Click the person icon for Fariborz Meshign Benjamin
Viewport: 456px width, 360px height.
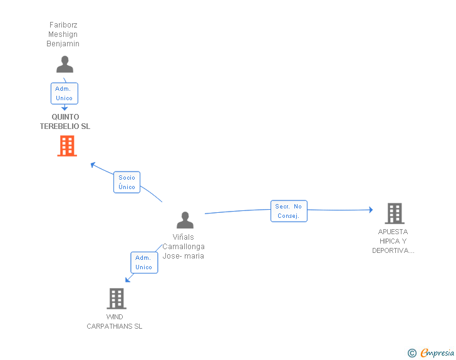65,64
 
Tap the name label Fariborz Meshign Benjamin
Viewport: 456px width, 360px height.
63,34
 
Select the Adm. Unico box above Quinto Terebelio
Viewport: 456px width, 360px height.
64,93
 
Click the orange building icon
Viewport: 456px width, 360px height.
66,146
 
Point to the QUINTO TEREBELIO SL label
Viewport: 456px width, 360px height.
65,121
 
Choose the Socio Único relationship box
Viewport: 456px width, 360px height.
127,182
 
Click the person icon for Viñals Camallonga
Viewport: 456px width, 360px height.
185,220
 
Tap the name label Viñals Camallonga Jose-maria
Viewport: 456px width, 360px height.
184,247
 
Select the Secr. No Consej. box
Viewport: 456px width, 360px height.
289,211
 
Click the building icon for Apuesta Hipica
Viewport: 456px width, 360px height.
394,213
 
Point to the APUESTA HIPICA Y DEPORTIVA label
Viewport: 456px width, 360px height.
393,241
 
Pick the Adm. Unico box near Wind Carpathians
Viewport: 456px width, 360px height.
143,262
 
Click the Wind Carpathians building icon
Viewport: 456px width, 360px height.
116,299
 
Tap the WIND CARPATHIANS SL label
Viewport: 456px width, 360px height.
115,321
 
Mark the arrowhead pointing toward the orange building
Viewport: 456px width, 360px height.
93,165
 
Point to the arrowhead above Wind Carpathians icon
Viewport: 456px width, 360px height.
128,279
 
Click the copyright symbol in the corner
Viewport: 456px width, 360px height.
412,353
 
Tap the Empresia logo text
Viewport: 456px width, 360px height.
437,352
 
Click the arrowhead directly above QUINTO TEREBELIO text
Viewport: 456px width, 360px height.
65,108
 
